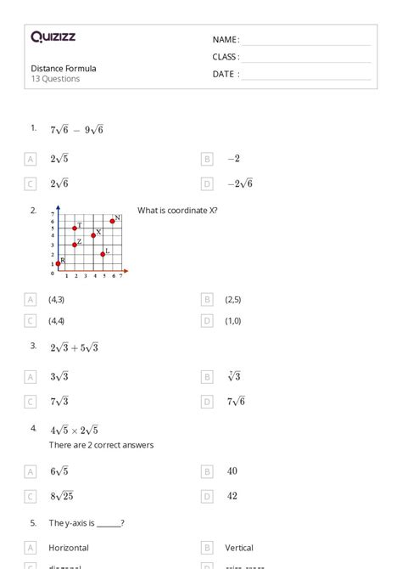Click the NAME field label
(x=225, y=40)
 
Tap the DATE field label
(x=225, y=74)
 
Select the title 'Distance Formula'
(x=64, y=68)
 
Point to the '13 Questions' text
(x=56, y=79)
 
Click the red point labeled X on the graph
(x=93, y=235)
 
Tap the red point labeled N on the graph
(x=113, y=221)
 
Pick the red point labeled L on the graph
(x=103, y=254)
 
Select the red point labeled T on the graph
(x=75, y=228)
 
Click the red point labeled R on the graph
(x=58, y=264)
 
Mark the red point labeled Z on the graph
(x=75, y=245)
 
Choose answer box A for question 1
(x=31, y=159)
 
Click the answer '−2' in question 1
(x=233, y=159)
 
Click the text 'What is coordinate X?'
(x=177, y=211)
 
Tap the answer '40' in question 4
(x=232, y=470)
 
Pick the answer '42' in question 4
(x=232, y=496)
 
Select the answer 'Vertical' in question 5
(x=239, y=548)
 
